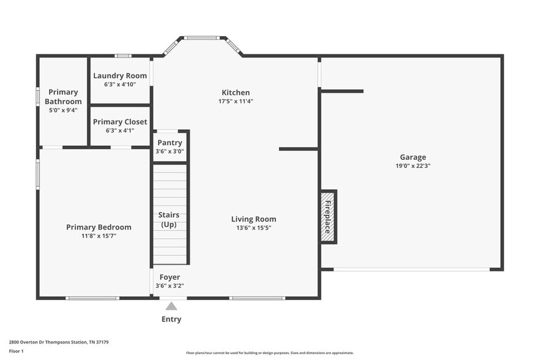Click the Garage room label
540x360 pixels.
[413, 157]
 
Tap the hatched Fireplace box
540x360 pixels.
[328, 216]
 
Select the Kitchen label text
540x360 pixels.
[236, 92]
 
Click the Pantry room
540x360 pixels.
[170, 146]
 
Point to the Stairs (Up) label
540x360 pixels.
[169, 220]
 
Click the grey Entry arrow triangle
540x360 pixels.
[171, 306]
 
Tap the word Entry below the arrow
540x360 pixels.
[171, 319]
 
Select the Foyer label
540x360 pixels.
[170, 277]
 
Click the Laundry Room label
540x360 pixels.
[120, 76]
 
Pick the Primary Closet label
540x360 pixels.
[120, 122]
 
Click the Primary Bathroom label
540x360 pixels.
[63, 97]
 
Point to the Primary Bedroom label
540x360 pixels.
[99, 227]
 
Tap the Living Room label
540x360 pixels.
[253, 219]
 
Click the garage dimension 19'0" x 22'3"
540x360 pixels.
[413, 166]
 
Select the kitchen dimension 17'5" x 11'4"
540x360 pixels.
[236, 101]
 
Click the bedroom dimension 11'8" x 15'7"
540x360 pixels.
[99, 236]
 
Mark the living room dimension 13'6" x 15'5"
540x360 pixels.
[253, 228]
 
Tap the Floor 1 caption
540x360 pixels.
[16, 351]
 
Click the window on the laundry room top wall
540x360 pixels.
[123, 56]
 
